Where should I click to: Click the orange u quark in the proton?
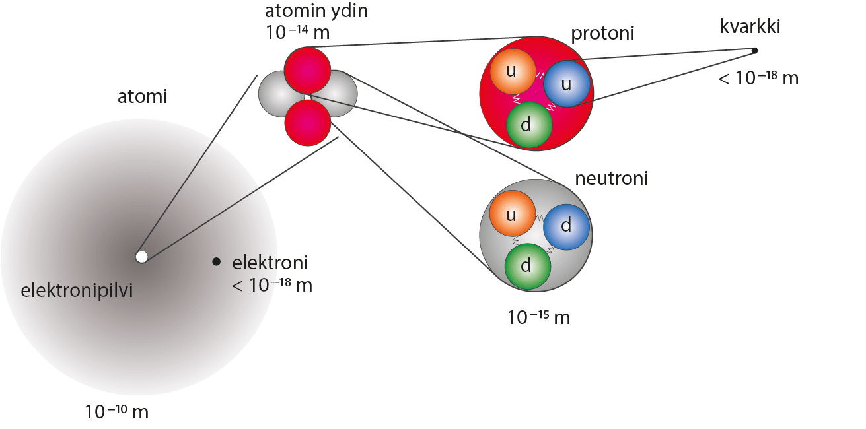click(512, 71)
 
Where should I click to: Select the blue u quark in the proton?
click(566, 84)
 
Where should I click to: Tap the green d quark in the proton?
click(528, 124)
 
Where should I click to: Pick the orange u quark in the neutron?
click(512, 214)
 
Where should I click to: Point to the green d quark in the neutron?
click(527, 267)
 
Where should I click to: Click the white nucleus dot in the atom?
click(141, 257)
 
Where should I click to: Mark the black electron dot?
click(216, 262)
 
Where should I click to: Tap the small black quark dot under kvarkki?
click(754, 50)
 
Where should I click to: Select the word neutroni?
click(611, 178)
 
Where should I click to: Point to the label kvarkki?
click(751, 27)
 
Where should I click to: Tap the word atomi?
click(142, 97)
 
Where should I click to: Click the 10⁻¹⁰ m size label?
click(116, 412)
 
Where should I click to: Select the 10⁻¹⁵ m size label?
click(538, 317)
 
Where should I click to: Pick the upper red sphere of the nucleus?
click(307, 69)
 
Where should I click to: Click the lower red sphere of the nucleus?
click(307, 121)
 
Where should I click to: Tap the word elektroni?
click(270, 263)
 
